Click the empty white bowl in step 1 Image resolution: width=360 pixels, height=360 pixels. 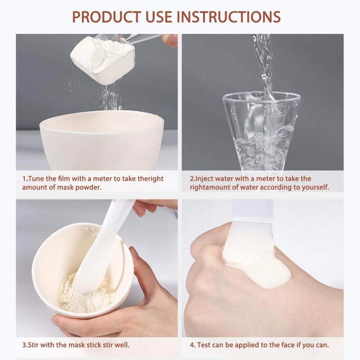102,141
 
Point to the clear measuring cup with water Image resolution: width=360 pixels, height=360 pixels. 262,130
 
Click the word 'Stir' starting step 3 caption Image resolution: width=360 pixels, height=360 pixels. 33,345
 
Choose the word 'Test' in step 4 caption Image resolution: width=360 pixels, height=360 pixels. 204,345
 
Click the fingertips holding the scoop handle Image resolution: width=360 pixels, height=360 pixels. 170,40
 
